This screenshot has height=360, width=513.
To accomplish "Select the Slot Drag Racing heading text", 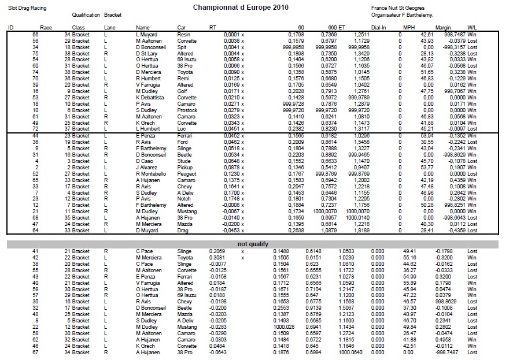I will tap(27, 9).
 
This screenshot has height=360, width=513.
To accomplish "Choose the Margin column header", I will tap(443, 28).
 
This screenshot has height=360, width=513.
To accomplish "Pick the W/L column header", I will tap(472, 28).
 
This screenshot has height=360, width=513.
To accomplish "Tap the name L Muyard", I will tap(146, 35).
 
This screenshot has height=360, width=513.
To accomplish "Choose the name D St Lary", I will tap(147, 53).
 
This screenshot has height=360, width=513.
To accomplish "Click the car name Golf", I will tap(182, 91).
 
